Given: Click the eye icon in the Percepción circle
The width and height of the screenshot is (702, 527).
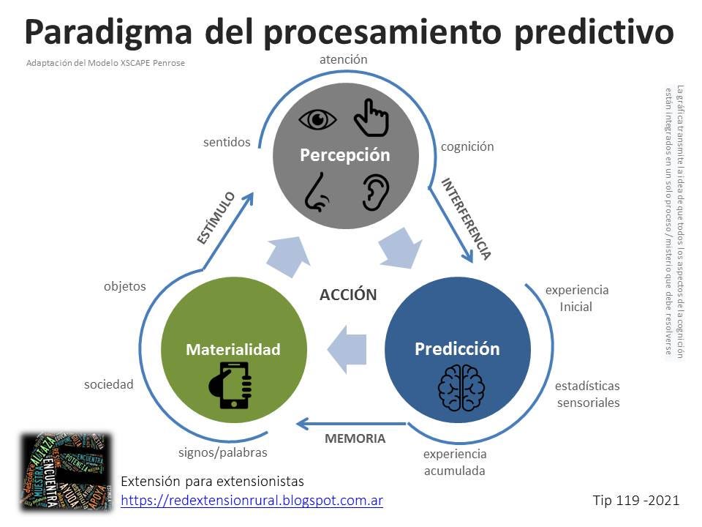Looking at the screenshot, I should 318,119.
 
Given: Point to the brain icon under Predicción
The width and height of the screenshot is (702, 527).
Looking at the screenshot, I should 461,387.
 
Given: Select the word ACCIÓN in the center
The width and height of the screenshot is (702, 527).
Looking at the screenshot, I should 348,295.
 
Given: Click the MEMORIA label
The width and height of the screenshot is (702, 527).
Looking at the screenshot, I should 355,438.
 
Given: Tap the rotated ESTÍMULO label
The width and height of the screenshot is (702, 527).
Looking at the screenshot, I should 216,217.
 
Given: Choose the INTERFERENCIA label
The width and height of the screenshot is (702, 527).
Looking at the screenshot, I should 465,218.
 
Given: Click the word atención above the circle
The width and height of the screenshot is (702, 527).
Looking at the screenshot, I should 343,59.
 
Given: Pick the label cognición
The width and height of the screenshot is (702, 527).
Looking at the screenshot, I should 467,146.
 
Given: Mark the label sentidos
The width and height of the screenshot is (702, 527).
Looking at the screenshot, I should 227,142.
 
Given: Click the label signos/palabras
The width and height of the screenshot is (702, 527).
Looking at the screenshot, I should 223,452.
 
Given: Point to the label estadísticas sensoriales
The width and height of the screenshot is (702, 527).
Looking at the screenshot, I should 587,394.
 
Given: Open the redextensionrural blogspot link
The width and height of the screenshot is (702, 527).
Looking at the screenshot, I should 252,500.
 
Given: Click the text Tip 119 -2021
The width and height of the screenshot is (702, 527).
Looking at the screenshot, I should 636,500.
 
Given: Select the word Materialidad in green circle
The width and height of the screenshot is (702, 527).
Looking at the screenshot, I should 233,349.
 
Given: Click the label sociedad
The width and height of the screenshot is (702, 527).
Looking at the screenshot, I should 108,384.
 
